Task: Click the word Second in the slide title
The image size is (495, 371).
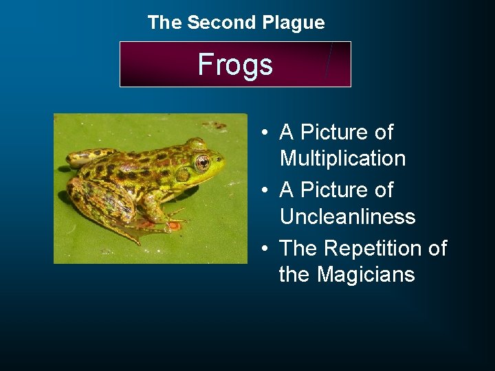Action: click(222, 23)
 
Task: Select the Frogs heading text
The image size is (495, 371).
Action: click(235, 65)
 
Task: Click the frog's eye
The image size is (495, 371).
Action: click(202, 163)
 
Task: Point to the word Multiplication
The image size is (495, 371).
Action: click(342, 159)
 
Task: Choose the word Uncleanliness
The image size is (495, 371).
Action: click(347, 217)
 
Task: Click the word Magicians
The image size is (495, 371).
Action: click(366, 275)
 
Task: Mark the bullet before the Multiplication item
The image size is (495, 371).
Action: click(264, 133)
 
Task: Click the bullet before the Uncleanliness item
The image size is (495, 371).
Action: click(264, 190)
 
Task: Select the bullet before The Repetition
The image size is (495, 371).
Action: click(264, 248)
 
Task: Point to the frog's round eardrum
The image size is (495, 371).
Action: click(182, 175)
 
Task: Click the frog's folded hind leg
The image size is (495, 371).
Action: click(96, 199)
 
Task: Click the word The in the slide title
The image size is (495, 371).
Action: click(164, 23)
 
